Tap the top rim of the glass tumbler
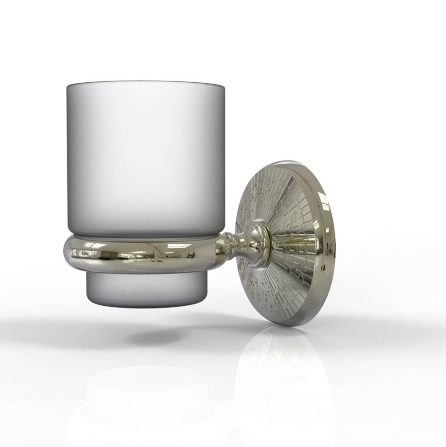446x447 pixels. coord(145,83)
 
